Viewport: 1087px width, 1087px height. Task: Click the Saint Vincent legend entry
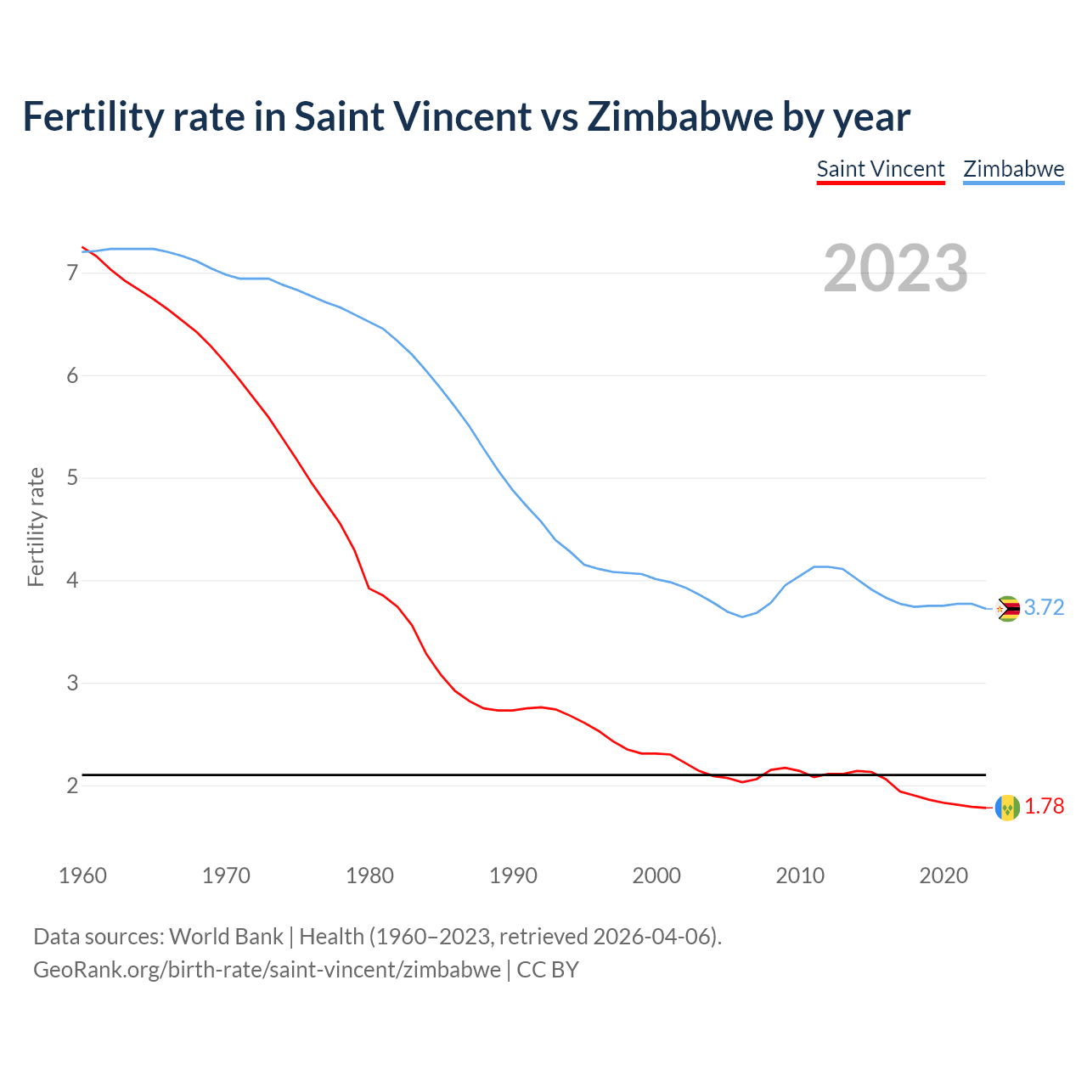880,169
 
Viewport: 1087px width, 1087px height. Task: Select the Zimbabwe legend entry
1013,169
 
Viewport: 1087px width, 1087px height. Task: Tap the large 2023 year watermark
895,268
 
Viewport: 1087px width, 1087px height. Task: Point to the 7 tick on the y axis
72,273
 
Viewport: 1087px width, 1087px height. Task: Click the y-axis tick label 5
72,478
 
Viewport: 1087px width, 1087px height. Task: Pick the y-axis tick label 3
72,684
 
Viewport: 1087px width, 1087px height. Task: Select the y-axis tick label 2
72,786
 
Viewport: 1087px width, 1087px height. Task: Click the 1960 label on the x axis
82,876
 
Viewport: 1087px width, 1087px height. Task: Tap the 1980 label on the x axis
369,876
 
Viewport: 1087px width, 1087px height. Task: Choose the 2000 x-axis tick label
656,876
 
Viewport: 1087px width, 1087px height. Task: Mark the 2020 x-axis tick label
943,876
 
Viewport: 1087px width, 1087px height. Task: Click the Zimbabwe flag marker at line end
1007,609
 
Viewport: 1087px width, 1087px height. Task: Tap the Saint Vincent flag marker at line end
1007,808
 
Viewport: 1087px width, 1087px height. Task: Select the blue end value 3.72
1044,608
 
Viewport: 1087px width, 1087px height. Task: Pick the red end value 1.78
1044,807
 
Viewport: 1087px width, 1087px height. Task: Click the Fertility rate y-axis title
36,527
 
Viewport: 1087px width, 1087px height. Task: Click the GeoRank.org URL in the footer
267,970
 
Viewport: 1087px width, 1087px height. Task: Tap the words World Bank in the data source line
226,937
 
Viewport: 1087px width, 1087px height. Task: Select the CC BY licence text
548,970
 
